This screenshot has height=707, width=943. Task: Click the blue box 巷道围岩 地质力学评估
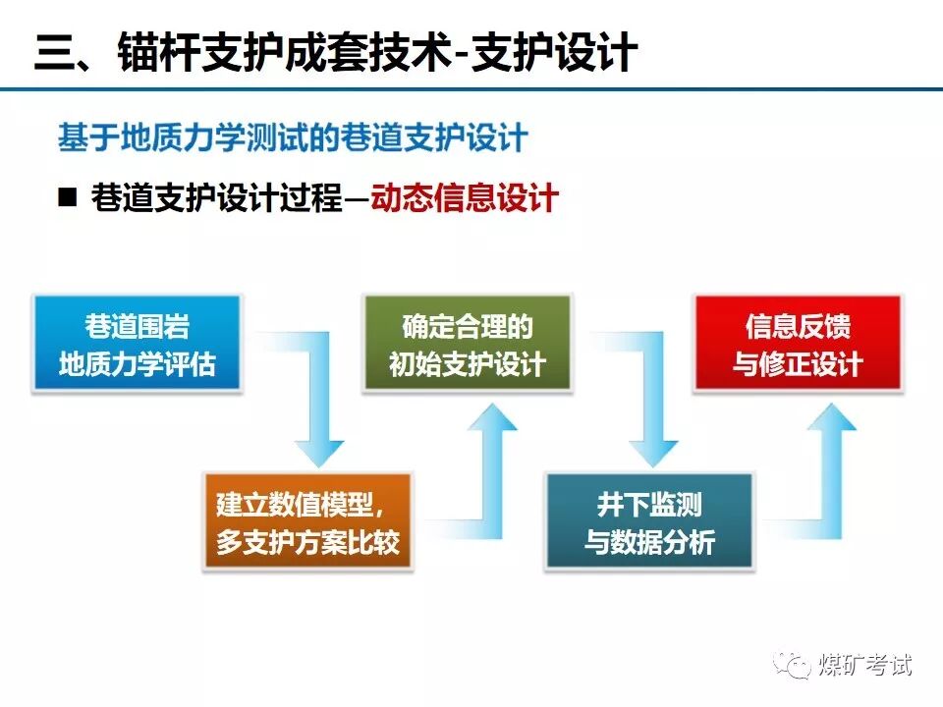(137, 344)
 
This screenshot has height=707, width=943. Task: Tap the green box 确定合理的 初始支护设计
(467, 344)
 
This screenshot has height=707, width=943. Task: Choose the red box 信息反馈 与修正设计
(798, 344)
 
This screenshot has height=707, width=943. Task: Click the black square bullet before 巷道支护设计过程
(68, 197)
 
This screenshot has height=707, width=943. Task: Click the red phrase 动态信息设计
(465, 198)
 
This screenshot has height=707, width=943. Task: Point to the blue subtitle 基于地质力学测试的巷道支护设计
(293, 137)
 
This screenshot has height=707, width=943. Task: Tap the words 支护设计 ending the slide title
(554, 53)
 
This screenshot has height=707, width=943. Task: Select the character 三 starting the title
(57, 53)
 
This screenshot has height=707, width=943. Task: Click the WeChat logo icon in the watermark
(792, 665)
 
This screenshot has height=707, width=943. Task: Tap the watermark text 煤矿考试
(865, 665)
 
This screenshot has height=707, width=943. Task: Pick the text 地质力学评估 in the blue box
(137, 364)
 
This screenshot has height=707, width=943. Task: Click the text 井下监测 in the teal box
(649, 505)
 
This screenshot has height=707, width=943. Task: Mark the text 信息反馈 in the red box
(798, 326)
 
